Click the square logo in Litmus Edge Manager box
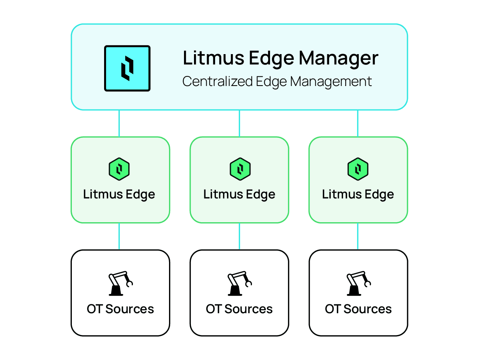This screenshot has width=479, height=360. (127, 68)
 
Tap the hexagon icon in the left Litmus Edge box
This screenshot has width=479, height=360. (119, 169)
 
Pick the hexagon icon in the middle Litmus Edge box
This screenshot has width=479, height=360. (240, 169)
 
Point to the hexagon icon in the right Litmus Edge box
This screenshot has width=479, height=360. (358, 169)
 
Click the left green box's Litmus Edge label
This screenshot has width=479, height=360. (119, 194)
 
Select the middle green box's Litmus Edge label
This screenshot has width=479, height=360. (239, 194)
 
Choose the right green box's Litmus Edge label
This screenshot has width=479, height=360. (358, 194)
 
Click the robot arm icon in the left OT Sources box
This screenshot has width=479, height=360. (120, 284)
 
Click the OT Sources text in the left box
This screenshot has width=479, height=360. (120, 309)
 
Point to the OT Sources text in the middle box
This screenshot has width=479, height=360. (239, 309)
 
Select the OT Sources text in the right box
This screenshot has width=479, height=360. (358, 309)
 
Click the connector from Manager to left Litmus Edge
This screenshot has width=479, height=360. (119, 123)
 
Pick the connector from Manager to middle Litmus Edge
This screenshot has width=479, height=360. (239, 123)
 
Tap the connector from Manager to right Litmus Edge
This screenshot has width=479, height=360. (358, 123)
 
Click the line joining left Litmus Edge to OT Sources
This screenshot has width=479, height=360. (119, 236)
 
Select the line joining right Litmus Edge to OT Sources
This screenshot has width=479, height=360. (358, 236)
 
